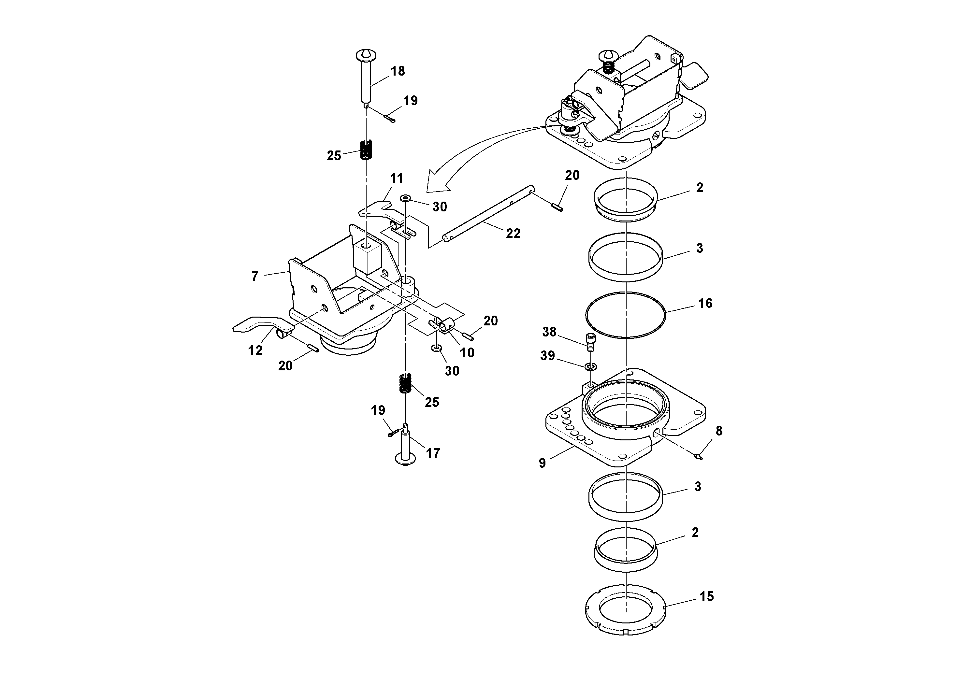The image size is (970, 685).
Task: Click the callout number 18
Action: click(398, 71)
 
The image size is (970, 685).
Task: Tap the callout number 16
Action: click(705, 303)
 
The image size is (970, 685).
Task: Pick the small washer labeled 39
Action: click(591, 366)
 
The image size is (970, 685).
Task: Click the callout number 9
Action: click(543, 463)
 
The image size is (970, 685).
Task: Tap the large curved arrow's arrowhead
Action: click(435, 182)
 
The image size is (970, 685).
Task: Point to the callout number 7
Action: click(254, 277)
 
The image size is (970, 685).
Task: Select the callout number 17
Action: click(433, 453)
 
